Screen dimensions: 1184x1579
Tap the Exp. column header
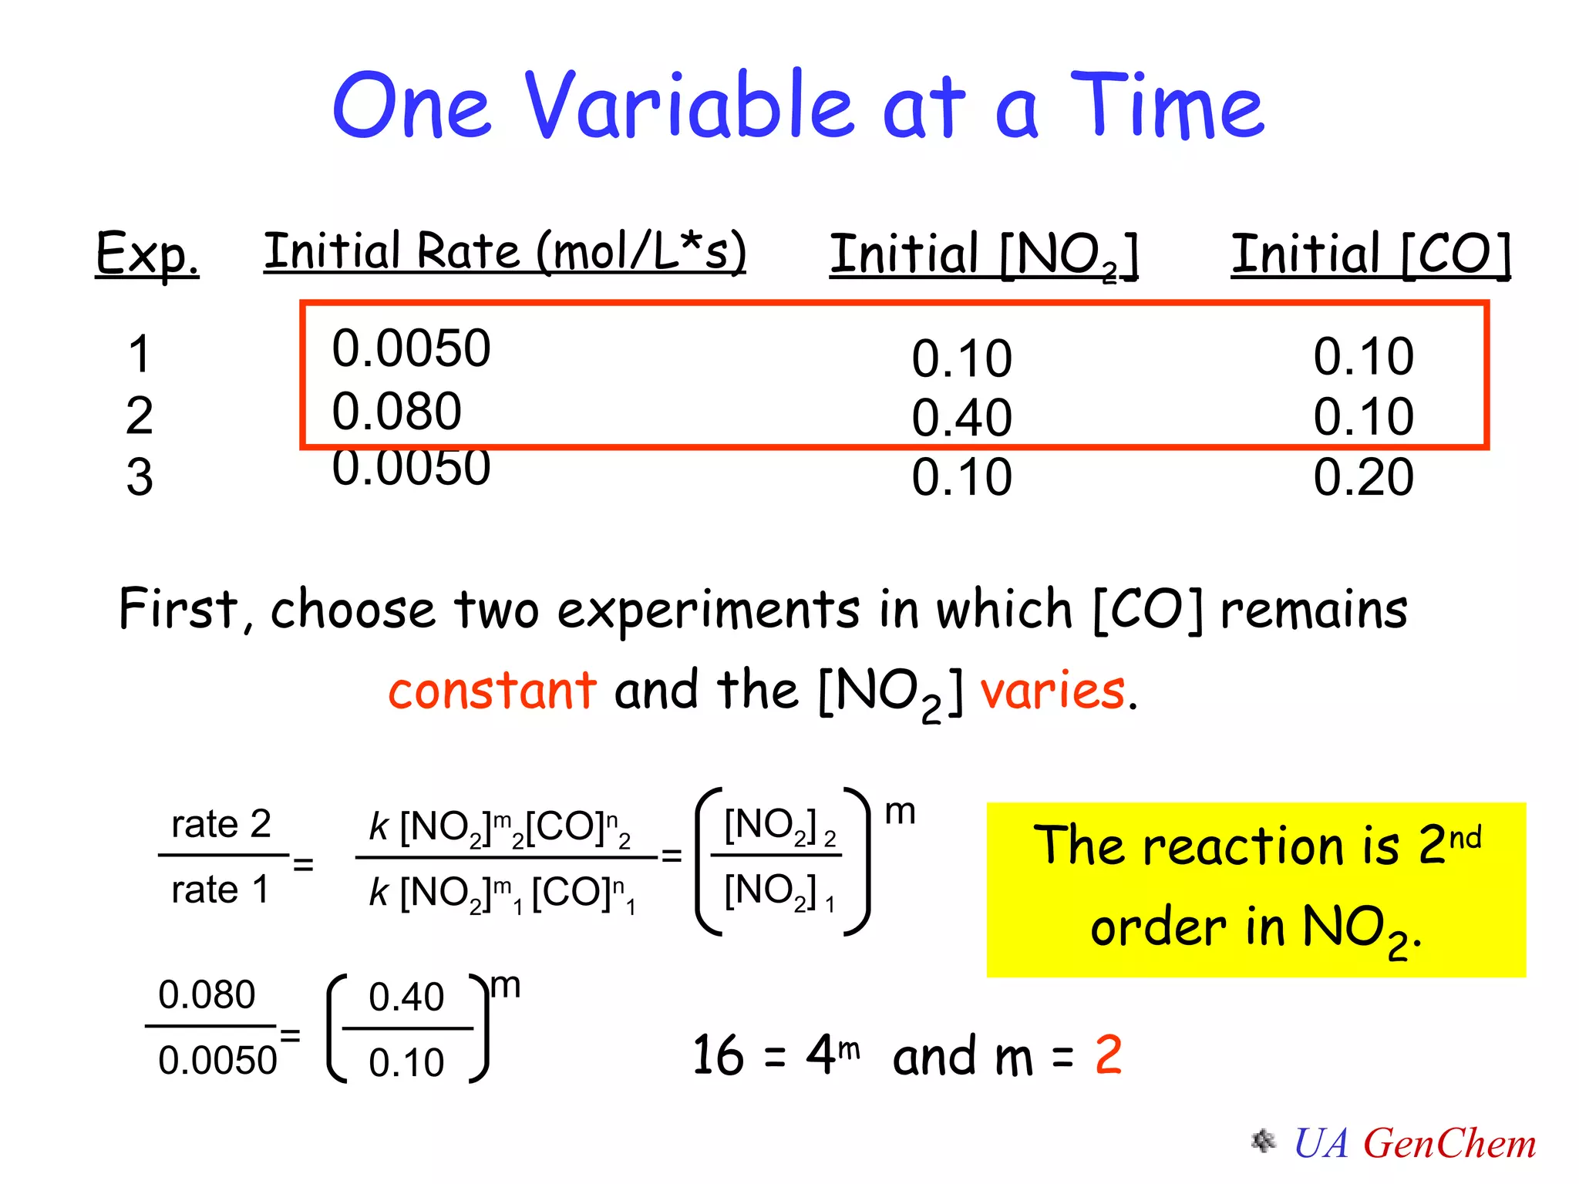pyautogui.click(x=146, y=254)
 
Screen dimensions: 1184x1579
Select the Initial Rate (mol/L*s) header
pyautogui.click(x=505, y=251)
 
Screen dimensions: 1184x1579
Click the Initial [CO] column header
pyautogui.click(x=1370, y=254)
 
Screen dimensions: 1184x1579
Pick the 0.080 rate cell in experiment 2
pyautogui.click(x=396, y=411)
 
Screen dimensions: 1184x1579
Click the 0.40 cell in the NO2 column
pyautogui.click(x=961, y=418)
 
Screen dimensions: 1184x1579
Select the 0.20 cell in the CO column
pyautogui.click(x=1363, y=476)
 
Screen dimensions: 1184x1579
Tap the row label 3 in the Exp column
pyautogui.click(x=140, y=476)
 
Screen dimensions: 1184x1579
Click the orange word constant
pyautogui.click(x=492, y=690)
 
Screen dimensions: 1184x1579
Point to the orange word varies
pyautogui.click(x=1052, y=690)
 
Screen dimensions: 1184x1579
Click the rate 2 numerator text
pyautogui.click(x=221, y=824)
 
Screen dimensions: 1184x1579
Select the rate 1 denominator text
pyautogui.click(x=220, y=890)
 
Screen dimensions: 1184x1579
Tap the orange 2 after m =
pyautogui.click(x=1108, y=1054)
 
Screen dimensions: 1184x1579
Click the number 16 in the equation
pyautogui.click(x=718, y=1055)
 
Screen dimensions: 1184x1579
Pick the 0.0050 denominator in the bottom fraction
pyautogui.click(x=217, y=1061)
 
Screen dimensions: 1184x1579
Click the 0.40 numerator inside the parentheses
pyautogui.click(x=406, y=997)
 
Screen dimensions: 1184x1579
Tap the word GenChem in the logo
pyautogui.click(x=1449, y=1143)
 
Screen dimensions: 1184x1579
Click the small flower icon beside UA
pyautogui.click(x=1263, y=1142)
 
